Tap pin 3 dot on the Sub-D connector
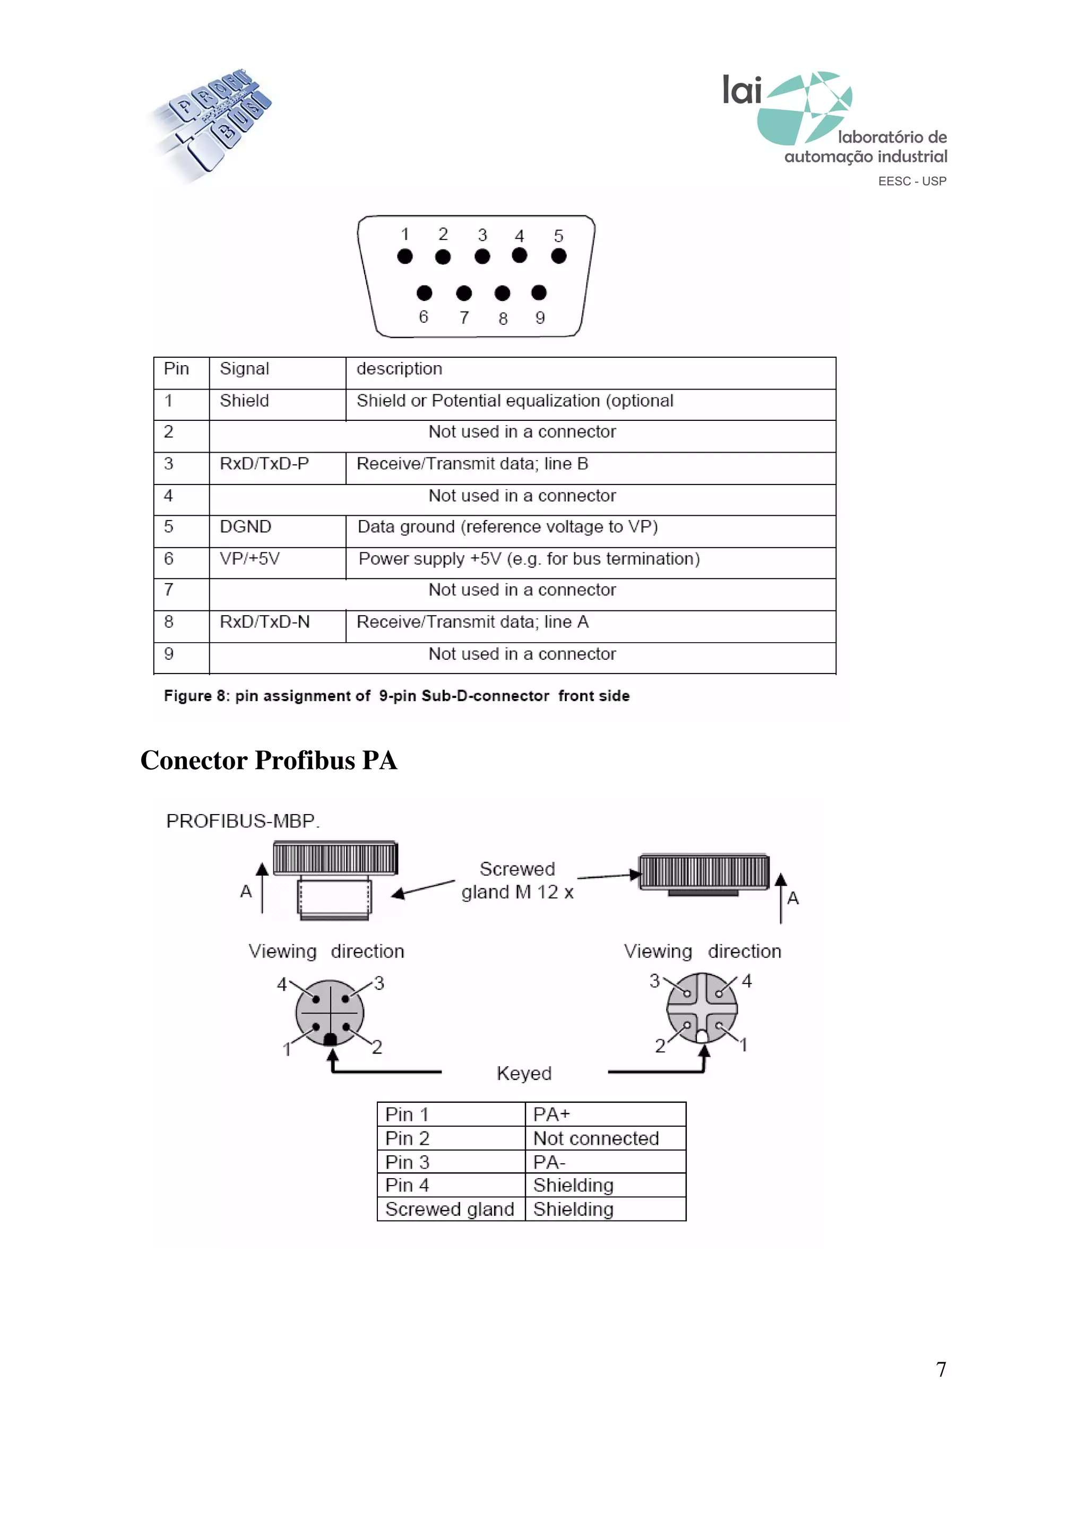tap(482, 256)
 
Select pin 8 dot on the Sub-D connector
tap(502, 293)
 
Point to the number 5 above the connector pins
tap(558, 236)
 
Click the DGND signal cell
tap(246, 527)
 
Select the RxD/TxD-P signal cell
tap(264, 463)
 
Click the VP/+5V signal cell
tap(250, 559)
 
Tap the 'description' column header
tap(399, 369)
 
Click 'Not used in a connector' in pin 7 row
tap(522, 590)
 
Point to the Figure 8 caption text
tap(396, 696)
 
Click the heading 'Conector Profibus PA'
tap(269, 761)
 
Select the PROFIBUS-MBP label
tap(243, 821)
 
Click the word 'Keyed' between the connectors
tap(524, 1074)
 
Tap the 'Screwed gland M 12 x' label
tap(517, 881)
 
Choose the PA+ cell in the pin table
tap(552, 1114)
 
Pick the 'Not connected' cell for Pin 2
tap(596, 1139)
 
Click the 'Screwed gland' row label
tap(450, 1210)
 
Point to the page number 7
tap(941, 1369)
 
